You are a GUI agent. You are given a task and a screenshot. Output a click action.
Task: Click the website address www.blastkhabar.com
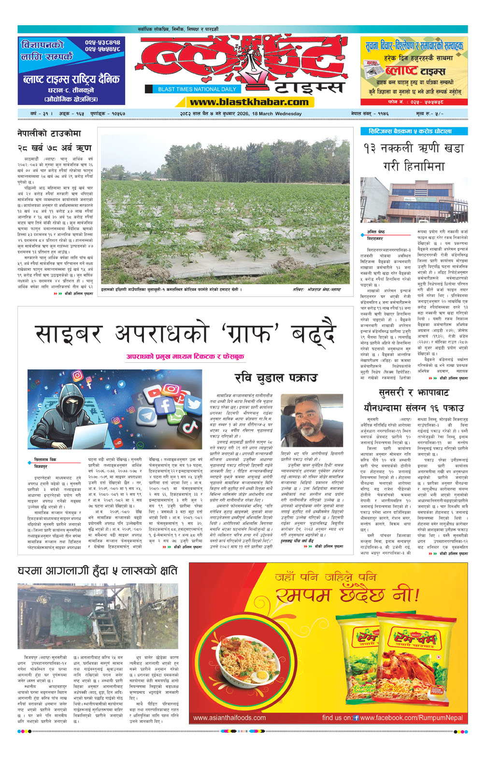pos(249,102)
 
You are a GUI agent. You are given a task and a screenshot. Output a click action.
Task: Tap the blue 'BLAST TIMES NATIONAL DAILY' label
pos(197,89)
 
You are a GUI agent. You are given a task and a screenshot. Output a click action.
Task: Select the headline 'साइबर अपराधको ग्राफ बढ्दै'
pos(185,334)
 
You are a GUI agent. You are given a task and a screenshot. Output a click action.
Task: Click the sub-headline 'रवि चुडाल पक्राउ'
pos(276,378)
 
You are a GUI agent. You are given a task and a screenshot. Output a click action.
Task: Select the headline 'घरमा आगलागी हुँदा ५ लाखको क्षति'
pos(98,571)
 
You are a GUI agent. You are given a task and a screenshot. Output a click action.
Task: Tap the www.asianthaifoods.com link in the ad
pos(229,718)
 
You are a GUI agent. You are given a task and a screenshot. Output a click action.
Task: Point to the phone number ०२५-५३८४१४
pos(102,43)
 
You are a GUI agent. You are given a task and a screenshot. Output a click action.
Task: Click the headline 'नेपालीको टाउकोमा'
pos(49,133)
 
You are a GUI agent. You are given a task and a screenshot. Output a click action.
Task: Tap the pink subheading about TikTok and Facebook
pos(185,356)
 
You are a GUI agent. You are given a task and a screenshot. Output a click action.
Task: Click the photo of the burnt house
pos(98,617)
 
